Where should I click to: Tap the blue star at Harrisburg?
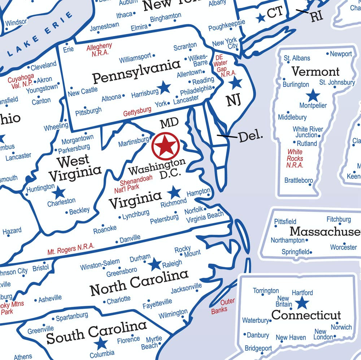[x=165, y=87]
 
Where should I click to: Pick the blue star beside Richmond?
[x=175, y=192]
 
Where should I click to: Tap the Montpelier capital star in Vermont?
[x=313, y=96]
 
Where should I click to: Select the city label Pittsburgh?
[x=88, y=110]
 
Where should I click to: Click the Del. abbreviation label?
[x=251, y=136]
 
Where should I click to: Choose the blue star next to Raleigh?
[x=156, y=264]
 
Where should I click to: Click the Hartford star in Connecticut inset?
[x=302, y=303]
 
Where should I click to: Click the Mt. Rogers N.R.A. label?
[x=71, y=249]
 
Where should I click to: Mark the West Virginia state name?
[x=75, y=168]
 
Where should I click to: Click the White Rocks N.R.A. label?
[x=295, y=159]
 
